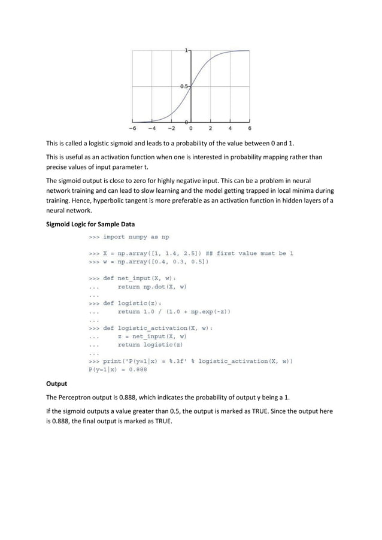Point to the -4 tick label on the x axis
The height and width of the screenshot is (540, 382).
[151, 128]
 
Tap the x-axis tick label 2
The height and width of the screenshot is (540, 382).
[210, 128]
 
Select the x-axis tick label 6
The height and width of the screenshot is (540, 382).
[249, 128]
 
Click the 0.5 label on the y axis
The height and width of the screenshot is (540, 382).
[184, 86]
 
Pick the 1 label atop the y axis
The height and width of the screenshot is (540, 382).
[187, 51]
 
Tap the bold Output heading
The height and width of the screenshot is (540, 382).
[57, 383]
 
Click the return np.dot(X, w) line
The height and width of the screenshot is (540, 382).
[152, 286]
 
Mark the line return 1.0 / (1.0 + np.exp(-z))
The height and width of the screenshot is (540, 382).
[174, 311]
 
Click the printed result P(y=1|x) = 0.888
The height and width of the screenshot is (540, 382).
[117, 369]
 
